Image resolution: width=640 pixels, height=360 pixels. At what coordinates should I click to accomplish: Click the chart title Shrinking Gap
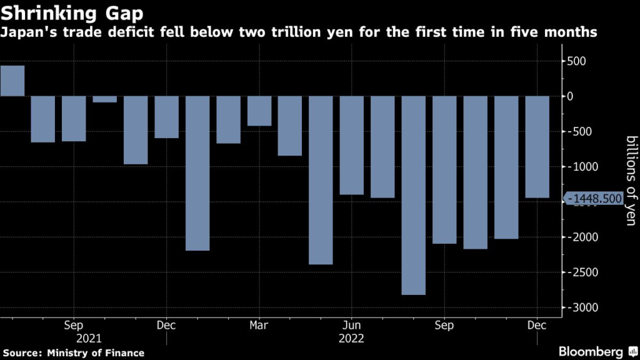tap(71, 13)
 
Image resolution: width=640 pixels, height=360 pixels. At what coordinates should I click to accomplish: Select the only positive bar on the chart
tap(12, 81)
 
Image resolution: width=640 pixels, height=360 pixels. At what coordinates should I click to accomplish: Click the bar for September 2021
tap(74, 119)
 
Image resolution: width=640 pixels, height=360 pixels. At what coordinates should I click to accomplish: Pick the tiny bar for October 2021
tap(105, 99)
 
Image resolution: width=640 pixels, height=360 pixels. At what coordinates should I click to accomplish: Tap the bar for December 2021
tap(167, 117)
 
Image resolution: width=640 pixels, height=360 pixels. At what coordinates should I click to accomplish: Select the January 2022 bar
tap(197, 173)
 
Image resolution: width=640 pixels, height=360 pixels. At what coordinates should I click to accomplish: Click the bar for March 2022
tap(259, 111)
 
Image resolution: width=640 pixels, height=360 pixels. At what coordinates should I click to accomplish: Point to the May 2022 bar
tap(321, 180)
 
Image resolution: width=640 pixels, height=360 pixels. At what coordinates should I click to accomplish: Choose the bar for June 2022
tap(352, 145)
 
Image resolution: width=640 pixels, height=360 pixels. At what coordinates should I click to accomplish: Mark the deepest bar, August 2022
tap(414, 195)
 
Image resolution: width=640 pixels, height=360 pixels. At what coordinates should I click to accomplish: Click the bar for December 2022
tap(537, 147)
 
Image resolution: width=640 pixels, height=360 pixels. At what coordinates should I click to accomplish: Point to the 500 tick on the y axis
tap(576, 61)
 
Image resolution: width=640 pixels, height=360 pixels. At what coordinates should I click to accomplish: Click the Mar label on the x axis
tap(259, 326)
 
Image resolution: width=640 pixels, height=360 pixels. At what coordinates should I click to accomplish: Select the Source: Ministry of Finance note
tap(72, 353)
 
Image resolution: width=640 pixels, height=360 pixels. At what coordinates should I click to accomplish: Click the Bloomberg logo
tap(590, 351)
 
